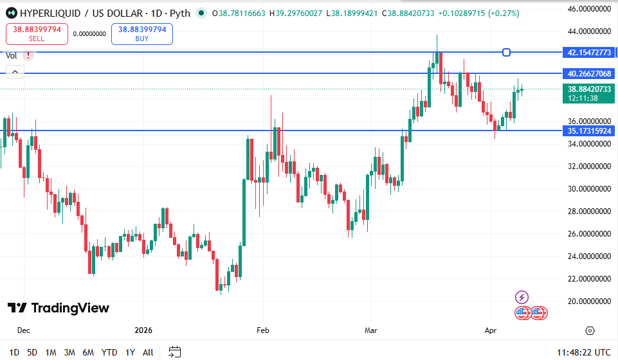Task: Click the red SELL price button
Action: [37, 33]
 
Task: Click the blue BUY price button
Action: [142, 33]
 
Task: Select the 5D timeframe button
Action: [32, 352]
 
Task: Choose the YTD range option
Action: [109, 352]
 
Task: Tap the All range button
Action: [148, 352]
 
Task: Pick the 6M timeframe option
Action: [88, 352]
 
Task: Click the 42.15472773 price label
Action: [589, 52]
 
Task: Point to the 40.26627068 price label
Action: [589, 73]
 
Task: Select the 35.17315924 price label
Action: [589, 130]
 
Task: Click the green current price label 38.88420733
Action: [589, 89]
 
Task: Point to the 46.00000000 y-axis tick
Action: [589, 8]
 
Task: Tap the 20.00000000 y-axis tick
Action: [589, 301]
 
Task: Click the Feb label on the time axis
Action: [262, 330]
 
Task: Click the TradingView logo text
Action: [59, 308]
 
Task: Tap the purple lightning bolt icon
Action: [522, 297]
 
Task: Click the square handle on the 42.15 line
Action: [507, 52]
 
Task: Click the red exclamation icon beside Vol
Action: [28, 55]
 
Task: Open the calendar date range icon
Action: [174, 352]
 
